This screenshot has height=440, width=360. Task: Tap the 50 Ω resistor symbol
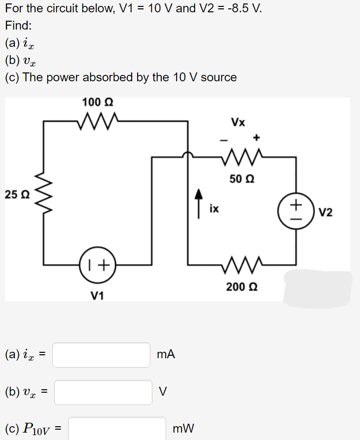[x=242, y=157]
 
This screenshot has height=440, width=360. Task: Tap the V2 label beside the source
[x=325, y=212]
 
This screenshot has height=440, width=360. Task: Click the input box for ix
[x=101, y=355]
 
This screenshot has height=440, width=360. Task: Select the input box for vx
[x=103, y=392]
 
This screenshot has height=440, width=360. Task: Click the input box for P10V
[x=117, y=428]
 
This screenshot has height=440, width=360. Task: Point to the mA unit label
[x=165, y=354]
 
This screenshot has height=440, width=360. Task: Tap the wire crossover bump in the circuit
[x=188, y=155]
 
